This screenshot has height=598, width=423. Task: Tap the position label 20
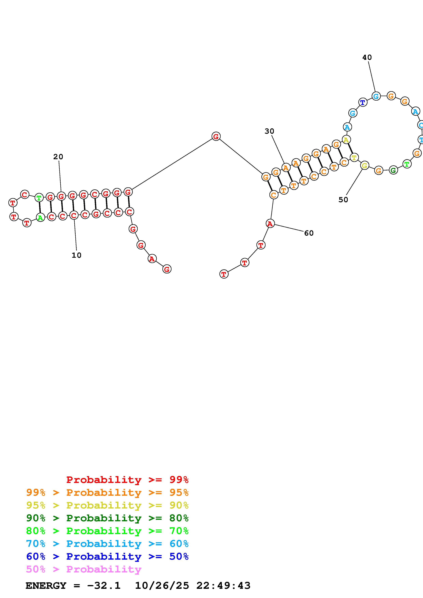coord(58,157)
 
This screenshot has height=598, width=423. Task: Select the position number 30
coord(269,131)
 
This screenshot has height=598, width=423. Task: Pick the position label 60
coord(309,233)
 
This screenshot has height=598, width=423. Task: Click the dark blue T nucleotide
coord(363,102)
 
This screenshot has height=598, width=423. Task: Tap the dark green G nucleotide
coord(393,170)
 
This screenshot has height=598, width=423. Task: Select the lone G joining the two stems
coord(216,136)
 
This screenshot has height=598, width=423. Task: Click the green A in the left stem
coord(40,218)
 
